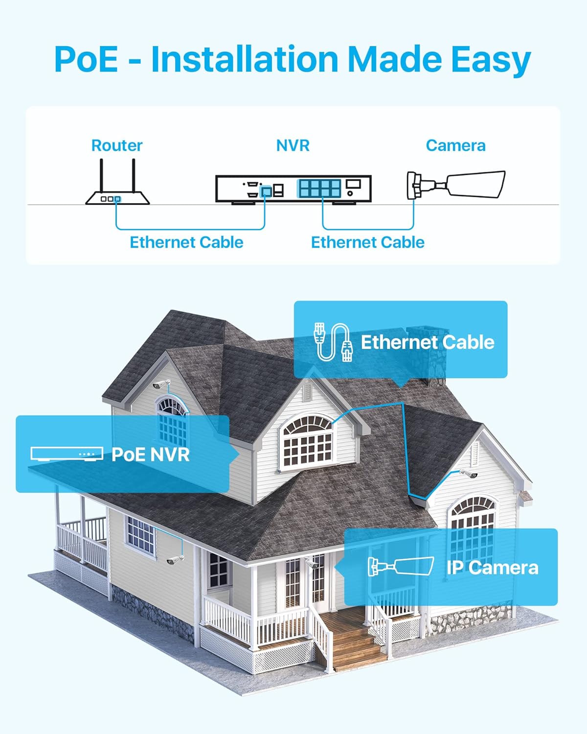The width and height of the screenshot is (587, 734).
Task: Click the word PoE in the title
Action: coord(86,59)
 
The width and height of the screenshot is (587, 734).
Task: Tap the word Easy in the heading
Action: coord(491,61)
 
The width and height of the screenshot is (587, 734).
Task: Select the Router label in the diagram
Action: coord(116,146)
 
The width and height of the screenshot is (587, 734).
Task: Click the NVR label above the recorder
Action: coord(293,146)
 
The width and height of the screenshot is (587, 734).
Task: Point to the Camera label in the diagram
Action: coord(456,146)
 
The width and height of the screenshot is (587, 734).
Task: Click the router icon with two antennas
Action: coord(117,182)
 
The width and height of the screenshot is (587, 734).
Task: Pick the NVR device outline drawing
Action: coord(293,190)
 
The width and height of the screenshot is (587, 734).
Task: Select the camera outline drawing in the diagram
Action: coord(456,184)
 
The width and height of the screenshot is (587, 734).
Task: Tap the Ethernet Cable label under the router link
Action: coord(186,243)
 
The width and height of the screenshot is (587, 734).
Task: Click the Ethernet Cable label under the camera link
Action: coord(368,243)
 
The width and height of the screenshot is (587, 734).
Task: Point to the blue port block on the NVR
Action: coord(319,188)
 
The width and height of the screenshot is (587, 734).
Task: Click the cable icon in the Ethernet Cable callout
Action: coord(333,342)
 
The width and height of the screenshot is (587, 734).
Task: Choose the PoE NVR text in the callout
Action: coord(150,455)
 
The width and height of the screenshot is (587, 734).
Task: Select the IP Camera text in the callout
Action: coord(493,568)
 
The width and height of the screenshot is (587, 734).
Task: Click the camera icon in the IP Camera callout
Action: coord(401,567)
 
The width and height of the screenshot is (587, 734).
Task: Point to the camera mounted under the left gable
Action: coord(161,384)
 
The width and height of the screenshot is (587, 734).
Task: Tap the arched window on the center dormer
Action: coord(308,442)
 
